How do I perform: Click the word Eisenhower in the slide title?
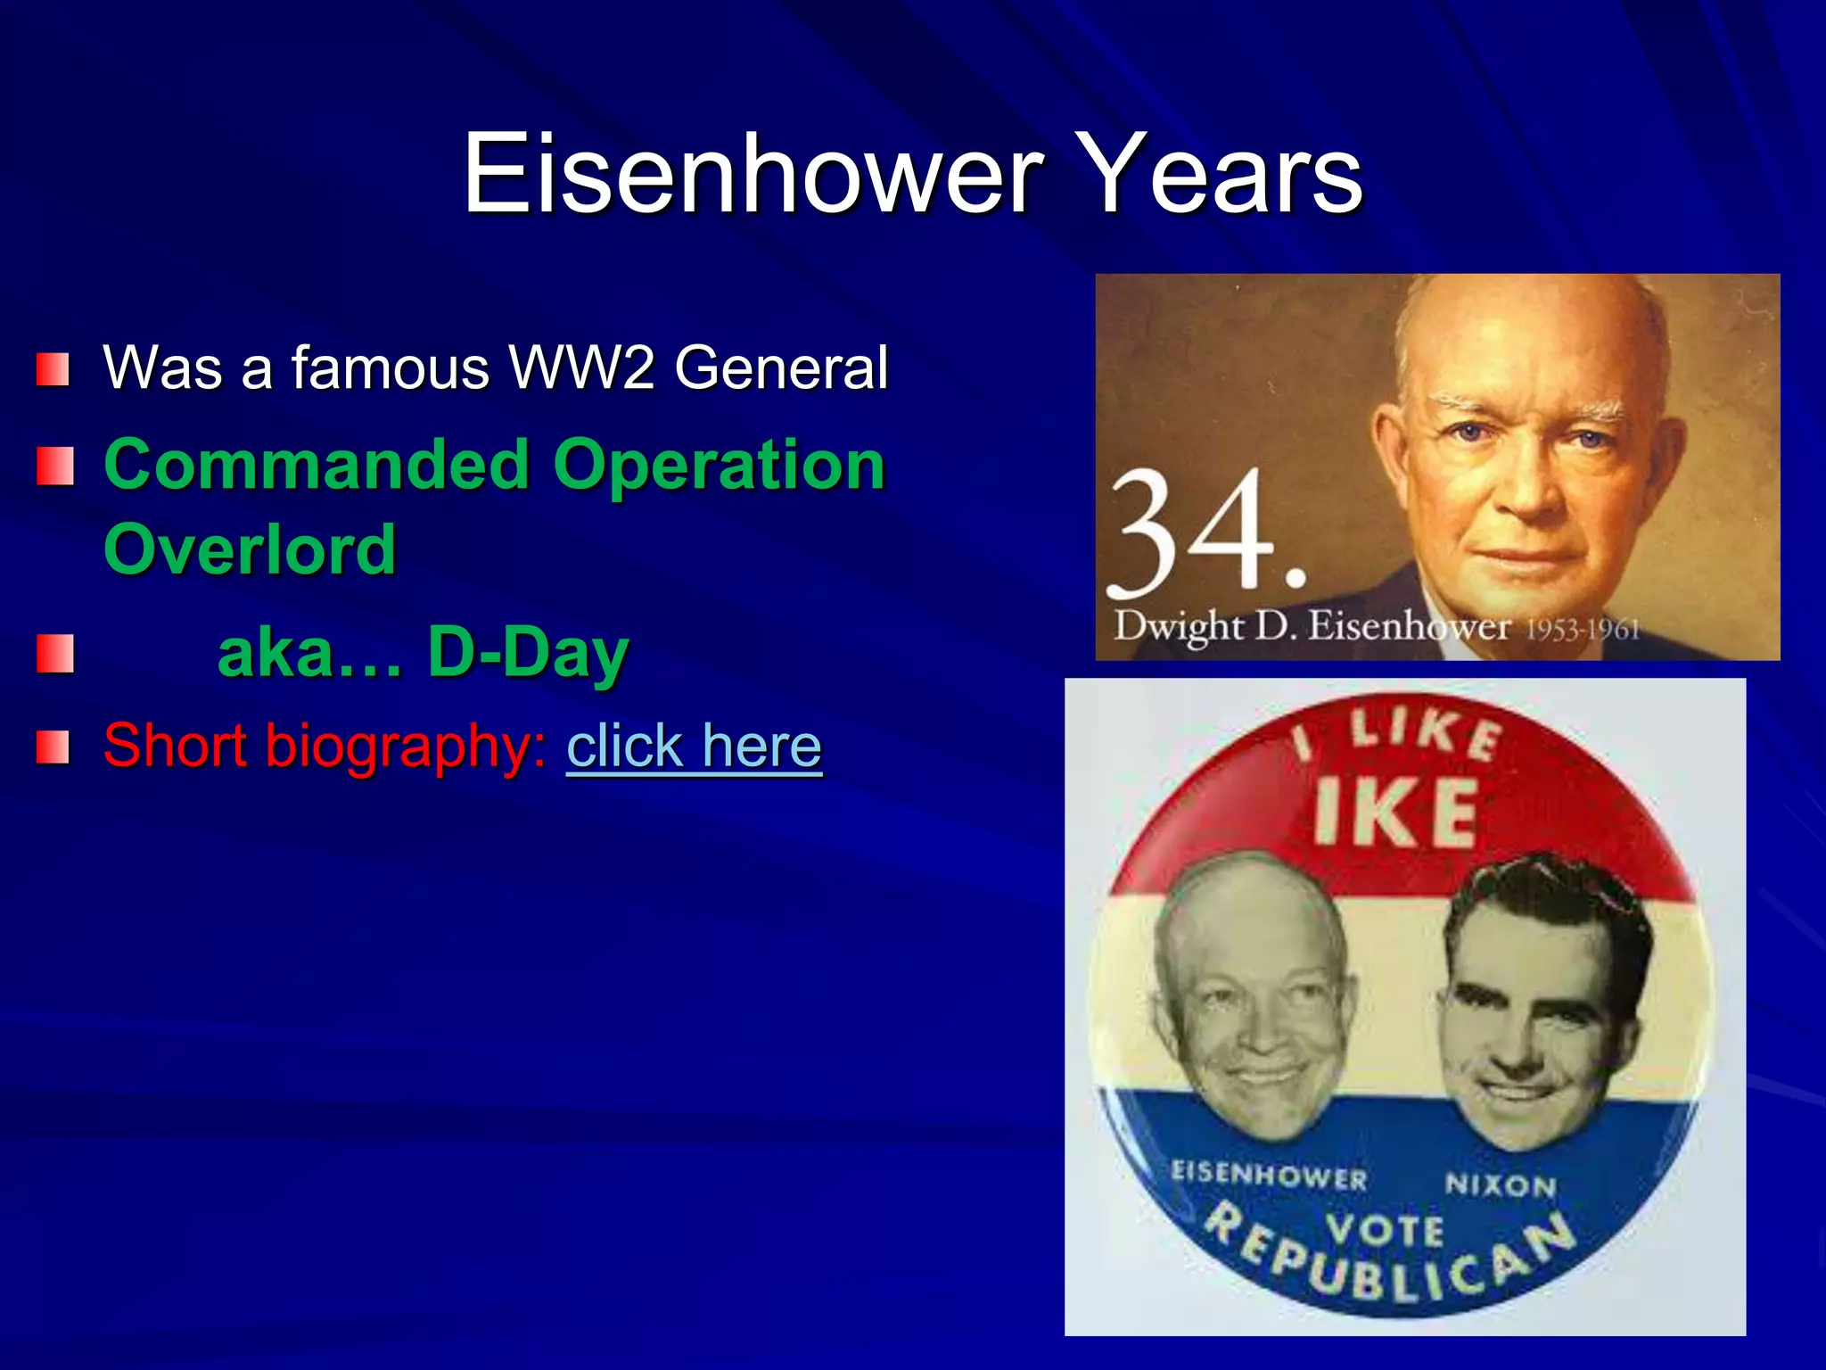click(752, 173)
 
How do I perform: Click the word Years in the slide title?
click(1222, 173)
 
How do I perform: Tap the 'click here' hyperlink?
click(694, 746)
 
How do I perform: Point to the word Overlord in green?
click(250, 549)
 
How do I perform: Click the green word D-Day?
click(528, 653)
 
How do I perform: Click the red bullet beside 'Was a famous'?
click(53, 369)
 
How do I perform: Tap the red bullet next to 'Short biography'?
click(53, 747)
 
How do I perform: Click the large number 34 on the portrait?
click(1195, 535)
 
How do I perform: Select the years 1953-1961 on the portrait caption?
click(1583, 631)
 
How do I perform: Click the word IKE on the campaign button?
click(1395, 812)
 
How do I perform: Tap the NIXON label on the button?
click(1501, 1185)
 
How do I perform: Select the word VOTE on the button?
click(1384, 1231)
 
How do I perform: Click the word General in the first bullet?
click(781, 367)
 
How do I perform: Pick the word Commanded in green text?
click(317, 466)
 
